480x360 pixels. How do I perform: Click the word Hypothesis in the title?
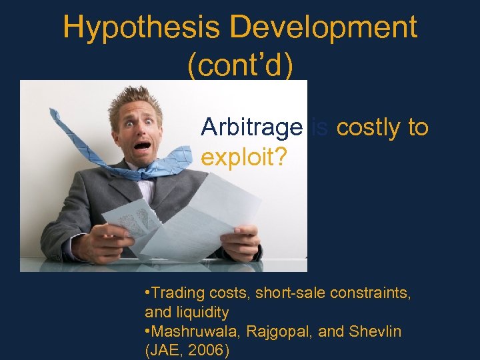point(142,28)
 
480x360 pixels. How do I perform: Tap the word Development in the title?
point(325,28)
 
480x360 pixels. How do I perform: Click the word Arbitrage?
point(252,127)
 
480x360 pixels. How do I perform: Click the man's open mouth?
point(142,145)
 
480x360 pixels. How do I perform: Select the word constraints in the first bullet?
point(364,294)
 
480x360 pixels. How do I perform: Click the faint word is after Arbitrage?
point(319,127)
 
